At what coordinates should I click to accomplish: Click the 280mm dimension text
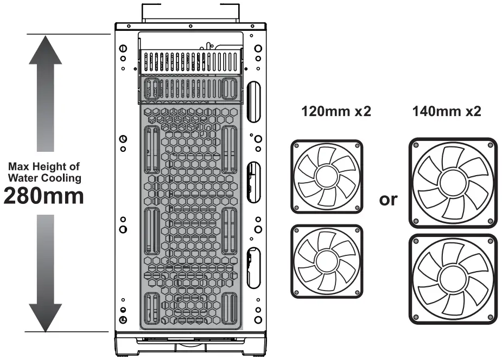coord(44,196)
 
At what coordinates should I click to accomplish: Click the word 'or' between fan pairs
coord(387,199)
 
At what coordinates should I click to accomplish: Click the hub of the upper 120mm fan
coord(326,176)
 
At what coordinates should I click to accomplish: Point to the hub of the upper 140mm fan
coord(453,183)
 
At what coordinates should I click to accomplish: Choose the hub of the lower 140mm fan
coord(453,278)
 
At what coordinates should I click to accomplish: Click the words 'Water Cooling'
coord(44,177)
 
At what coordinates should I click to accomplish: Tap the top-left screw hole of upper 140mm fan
coord(416,145)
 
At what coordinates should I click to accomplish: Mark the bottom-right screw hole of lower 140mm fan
coord(491,316)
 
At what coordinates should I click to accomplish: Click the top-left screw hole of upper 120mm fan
coord(297,146)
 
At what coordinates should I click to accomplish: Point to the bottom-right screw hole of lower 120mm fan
coord(356,292)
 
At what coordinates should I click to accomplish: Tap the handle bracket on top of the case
coord(190,12)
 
